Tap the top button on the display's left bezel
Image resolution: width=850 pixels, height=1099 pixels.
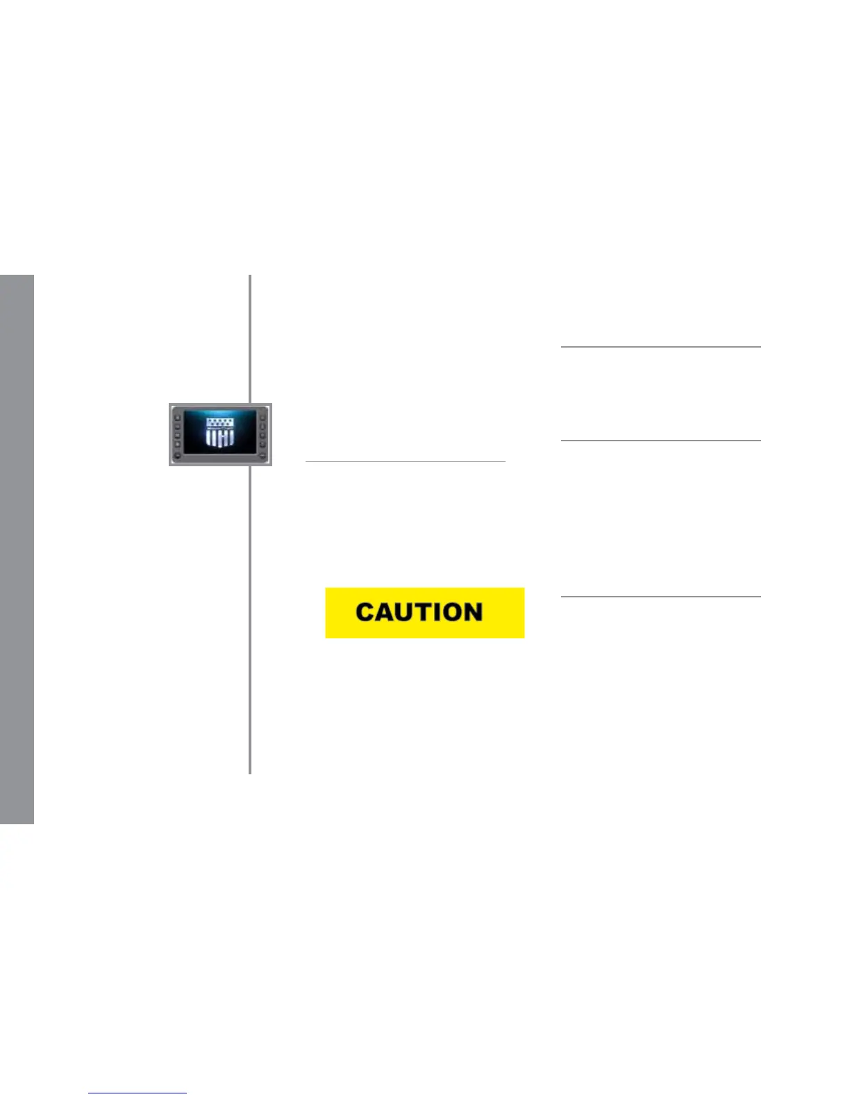[x=178, y=418]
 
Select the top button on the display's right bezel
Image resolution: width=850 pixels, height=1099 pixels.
[x=262, y=418]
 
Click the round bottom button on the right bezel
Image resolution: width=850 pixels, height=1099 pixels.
[x=262, y=455]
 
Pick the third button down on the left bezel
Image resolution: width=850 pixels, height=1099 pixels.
[x=178, y=436]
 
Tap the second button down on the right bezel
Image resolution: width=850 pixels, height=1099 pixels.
[x=262, y=427]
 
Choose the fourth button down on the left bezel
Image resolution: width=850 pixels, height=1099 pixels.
[x=178, y=444]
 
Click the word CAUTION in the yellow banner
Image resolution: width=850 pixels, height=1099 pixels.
[x=419, y=612]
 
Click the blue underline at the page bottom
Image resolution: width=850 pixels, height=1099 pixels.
[x=137, y=1093]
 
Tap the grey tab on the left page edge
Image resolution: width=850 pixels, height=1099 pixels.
[x=17, y=548]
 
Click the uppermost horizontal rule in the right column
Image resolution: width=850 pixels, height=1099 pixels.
[x=660, y=346]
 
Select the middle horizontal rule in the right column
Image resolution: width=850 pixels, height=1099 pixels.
[x=660, y=440]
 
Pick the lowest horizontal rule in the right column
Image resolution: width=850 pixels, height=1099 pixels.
[x=660, y=596]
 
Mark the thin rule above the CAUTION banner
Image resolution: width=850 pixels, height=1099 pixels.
[x=405, y=461]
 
